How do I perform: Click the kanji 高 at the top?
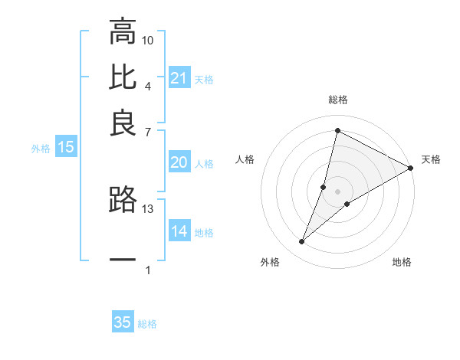[x=123, y=32]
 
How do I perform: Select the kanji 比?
[x=123, y=77]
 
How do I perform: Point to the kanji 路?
[x=123, y=199]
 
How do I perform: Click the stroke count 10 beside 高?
[x=148, y=40]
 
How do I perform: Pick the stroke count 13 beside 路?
[x=148, y=208]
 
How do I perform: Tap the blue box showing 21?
[x=179, y=78]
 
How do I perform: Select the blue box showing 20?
[x=179, y=162]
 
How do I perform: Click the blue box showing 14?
[x=179, y=231]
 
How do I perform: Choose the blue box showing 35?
[x=122, y=322]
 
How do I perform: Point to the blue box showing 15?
[x=65, y=147]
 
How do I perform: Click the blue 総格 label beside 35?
[x=147, y=324]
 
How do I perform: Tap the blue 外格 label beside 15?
[x=41, y=149]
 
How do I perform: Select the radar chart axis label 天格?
[x=431, y=159]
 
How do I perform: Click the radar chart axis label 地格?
[x=402, y=263]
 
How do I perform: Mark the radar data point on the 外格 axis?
[x=302, y=242]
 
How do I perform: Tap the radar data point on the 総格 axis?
[x=337, y=130]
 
